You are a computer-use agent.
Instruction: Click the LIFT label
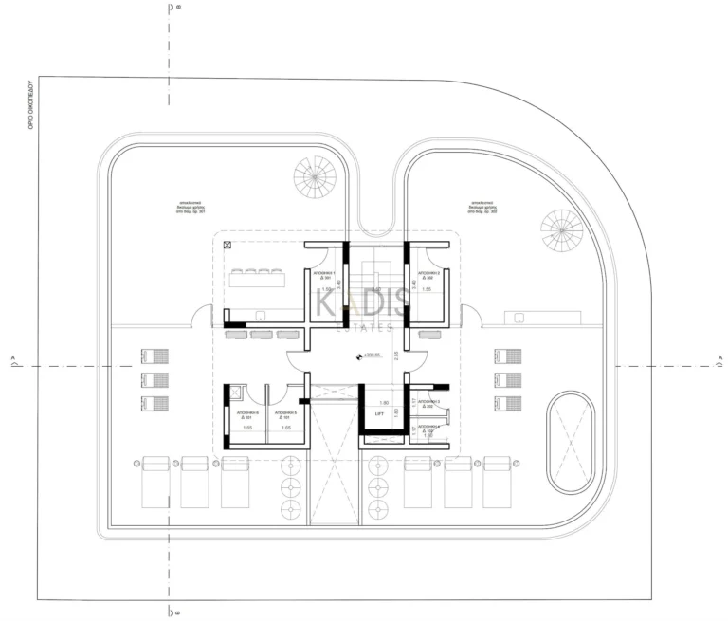(x=379, y=414)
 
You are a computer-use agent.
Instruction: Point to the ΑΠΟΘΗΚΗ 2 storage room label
(x=427, y=274)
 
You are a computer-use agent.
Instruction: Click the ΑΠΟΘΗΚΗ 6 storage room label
(x=246, y=415)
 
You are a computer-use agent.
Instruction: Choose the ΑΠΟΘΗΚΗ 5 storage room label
(x=285, y=415)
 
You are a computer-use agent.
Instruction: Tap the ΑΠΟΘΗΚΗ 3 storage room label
(x=429, y=403)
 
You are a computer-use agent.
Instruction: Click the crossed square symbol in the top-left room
(x=227, y=245)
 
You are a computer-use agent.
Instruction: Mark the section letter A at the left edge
(x=11, y=358)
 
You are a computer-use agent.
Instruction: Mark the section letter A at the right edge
(x=719, y=358)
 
